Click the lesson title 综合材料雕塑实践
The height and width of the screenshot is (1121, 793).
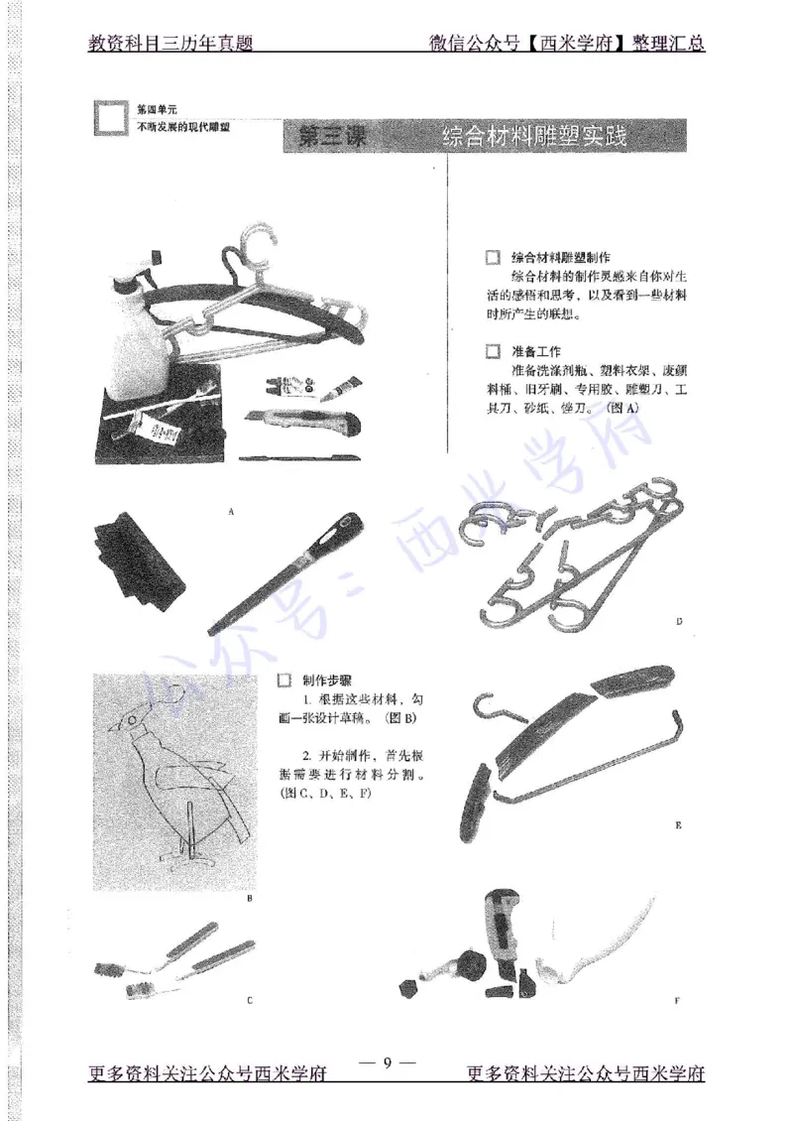click(535, 137)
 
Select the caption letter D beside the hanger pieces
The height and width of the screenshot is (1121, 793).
click(679, 622)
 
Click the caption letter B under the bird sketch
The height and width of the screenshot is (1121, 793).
click(250, 899)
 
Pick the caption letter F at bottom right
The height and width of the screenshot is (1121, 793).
click(677, 1001)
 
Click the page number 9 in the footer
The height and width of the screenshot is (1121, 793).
click(388, 1062)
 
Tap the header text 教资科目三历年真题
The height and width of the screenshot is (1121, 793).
click(171, 44)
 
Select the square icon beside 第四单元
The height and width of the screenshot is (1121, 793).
click(111, 119)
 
